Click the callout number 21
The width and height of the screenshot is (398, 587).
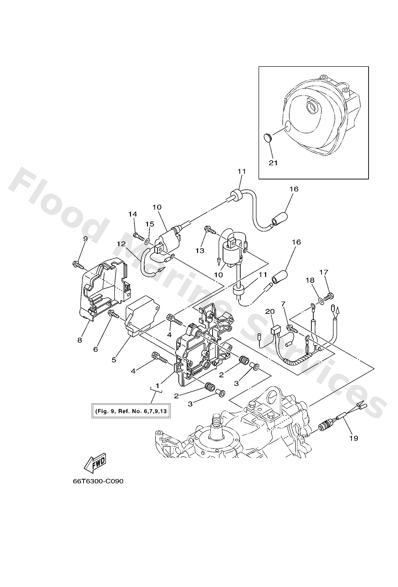point(273,163)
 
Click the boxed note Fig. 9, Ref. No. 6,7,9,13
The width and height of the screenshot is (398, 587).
point(131,411)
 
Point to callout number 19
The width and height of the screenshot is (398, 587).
point(354,438)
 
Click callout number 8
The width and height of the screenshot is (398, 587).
point(80,340)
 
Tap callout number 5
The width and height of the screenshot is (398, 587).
point(114,360)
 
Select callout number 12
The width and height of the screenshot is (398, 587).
point(121,244)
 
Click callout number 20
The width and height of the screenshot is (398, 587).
point(270,312)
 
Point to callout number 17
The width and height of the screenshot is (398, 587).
point(324,272)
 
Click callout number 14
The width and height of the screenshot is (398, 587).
point(133,214)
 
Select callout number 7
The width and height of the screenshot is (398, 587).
point(283,304)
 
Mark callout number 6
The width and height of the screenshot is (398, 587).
point(95,349)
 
